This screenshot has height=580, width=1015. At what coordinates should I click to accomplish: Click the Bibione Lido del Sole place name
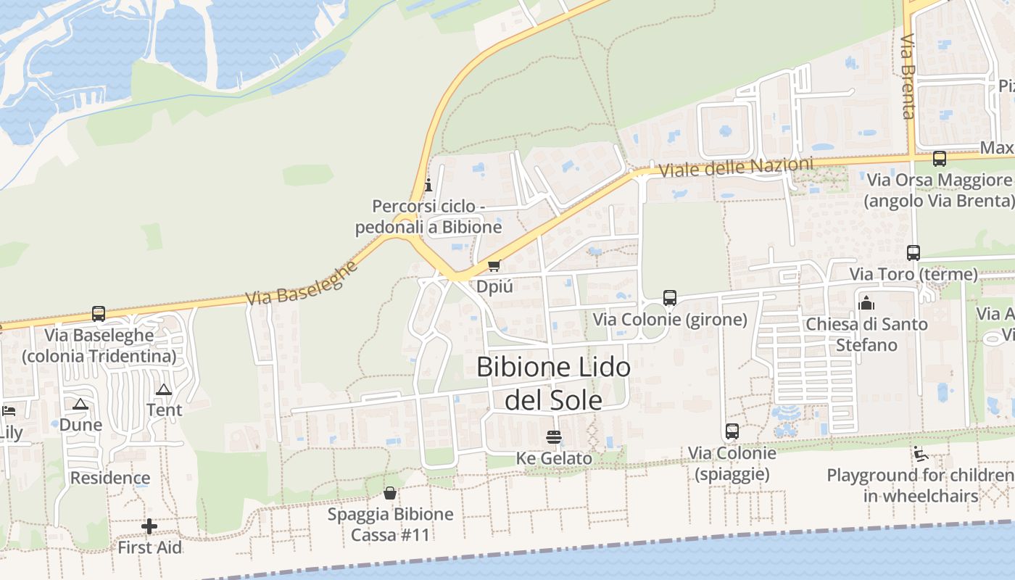553,384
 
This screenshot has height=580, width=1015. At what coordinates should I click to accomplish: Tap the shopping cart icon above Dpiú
494,265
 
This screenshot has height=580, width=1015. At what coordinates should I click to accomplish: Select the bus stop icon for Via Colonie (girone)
670,298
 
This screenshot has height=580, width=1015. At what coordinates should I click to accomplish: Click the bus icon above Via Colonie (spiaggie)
732,431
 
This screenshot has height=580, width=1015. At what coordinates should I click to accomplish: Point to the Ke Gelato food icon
554,437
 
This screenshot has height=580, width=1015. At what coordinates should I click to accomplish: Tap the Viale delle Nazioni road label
736,167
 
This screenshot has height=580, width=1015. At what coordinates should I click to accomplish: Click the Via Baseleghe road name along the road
302,283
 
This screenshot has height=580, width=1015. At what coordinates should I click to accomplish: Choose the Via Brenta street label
908,75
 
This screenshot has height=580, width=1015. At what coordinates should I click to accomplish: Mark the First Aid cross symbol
149,526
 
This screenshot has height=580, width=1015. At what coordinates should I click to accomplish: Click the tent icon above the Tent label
164,389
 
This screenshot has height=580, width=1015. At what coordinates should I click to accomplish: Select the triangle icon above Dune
80,404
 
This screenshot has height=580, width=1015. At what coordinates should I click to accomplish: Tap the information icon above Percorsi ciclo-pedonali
428,185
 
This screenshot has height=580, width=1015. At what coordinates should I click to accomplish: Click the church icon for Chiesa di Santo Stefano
866,303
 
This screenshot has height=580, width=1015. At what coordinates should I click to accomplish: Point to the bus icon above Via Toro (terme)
913,253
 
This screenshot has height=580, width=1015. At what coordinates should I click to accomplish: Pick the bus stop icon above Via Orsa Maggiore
940,158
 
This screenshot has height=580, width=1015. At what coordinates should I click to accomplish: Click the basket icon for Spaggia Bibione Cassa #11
390,494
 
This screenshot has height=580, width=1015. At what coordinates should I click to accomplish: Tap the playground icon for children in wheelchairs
921,455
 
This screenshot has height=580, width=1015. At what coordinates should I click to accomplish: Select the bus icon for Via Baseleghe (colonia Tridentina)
99,314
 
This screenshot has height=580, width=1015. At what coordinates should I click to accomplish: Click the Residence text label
110,478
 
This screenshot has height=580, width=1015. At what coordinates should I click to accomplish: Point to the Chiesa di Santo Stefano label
866,334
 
